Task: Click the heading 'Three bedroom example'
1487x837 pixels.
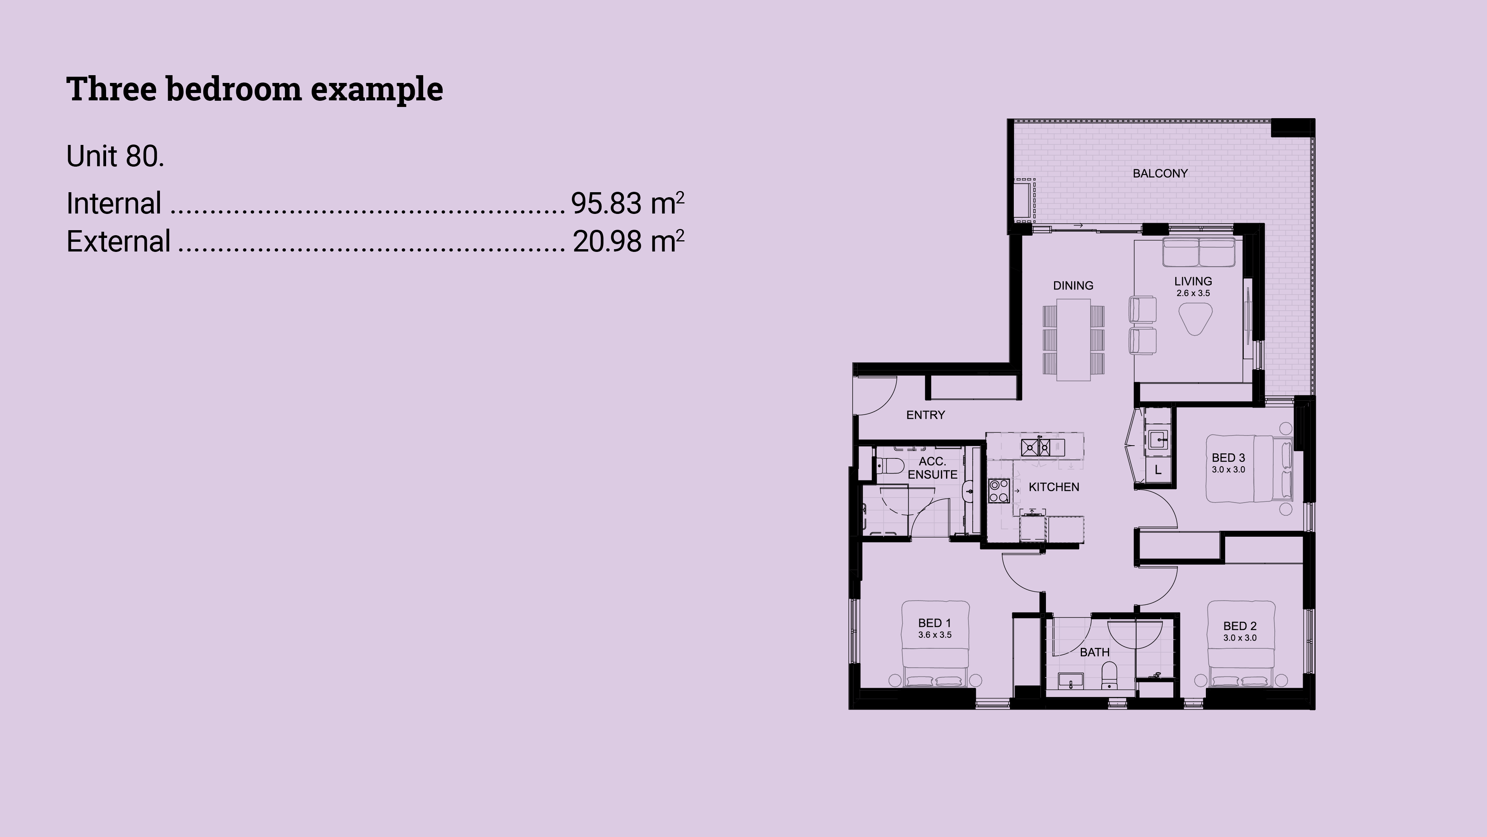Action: pyautogui.click(x=254, y=90)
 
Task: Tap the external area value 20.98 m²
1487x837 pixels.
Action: pyautogui.click(x=628, y=241)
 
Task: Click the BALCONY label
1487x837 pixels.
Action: pyautogui.click(x=1160, y=173)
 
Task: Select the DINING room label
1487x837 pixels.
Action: pyautogui.click(x=1073, y=285)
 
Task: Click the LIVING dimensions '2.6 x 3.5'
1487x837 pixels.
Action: pyautogui.click(x=1193, y=293)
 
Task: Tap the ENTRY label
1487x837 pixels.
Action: pyautogui.click(x=926, y=415)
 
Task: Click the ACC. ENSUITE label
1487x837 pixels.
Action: pyautogui.click(x=932, y=468)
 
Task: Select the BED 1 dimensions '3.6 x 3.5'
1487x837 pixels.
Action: pyautogui.click(x=934, y=635)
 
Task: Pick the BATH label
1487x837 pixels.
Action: pyautogui.click(x=1094, y=652)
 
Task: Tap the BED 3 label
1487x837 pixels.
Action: pyautogui.click(x=1228, y=458)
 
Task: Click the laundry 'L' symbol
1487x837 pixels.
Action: pyautogui.click(x=1158, y=470)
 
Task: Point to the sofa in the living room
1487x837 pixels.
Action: pyautogui.click(x=1199, y=252)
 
